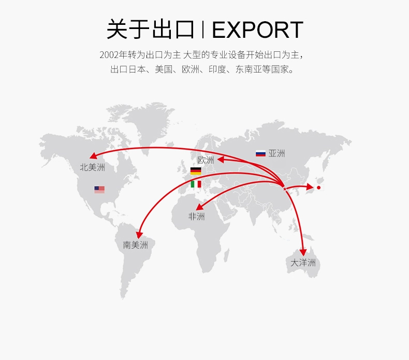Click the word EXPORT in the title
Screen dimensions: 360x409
tap(257, 30)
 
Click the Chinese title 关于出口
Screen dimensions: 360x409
tap(150, 30)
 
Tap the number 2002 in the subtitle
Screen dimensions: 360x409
tap(109, 54)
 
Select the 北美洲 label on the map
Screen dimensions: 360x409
tap(92, 167)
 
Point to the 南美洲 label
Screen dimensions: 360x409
tap(135, 245)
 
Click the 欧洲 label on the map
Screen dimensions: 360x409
tap(206, 160)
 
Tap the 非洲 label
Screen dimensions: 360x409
tap(196, 217)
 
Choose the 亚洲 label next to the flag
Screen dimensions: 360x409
tap(276, 153)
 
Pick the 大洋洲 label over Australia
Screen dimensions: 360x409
tap(303, 263)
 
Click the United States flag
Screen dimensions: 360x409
tap(99, 190)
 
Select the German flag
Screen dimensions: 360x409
tap(196, 171)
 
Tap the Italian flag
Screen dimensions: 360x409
tap(196, 184)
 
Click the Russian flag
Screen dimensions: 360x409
tap(260, 153)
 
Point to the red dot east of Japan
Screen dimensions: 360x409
tap(319, 188)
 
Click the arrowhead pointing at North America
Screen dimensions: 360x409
tap(93, 156)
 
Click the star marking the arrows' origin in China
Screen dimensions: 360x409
tap(284, 188)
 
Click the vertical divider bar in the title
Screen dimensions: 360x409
tap(202, 30)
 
